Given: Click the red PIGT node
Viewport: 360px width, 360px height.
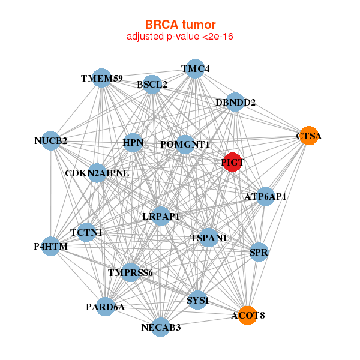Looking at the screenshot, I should click(232, 162).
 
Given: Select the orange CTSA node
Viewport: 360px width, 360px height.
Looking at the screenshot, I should click(308, 136).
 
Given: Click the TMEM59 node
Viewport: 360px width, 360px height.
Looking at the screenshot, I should click(103, 79).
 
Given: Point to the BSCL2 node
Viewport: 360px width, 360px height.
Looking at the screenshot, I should click(152, 85).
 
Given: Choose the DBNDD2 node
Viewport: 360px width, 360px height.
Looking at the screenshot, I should click(236, 103).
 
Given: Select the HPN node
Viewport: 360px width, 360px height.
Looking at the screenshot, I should click(133, 143).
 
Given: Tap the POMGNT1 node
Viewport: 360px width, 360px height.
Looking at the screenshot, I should click(185, 145).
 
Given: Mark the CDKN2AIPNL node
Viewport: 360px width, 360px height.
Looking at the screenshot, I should click(97, 173).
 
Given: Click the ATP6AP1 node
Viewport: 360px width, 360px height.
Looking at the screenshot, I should click(265, 196).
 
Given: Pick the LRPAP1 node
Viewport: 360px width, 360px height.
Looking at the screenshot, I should click(161, 216).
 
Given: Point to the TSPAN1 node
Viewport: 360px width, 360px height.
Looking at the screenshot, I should click(209, 238).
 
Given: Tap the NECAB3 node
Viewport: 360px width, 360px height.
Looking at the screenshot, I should click(161, 327).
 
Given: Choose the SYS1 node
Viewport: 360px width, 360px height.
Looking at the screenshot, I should click(197, 299).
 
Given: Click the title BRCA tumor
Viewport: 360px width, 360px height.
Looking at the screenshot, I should click(180, 25).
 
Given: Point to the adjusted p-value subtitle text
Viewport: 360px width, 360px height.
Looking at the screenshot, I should click(180, 37).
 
